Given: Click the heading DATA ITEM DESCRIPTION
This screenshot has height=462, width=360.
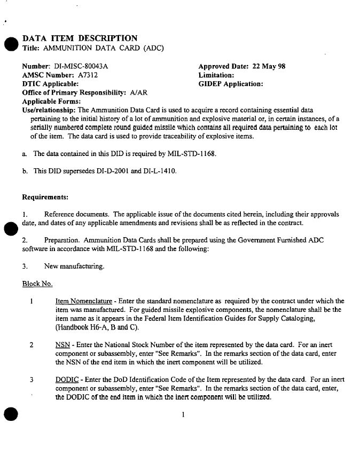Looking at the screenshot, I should tap(80, 38).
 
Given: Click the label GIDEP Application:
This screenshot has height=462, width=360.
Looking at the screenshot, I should tap(230, 84).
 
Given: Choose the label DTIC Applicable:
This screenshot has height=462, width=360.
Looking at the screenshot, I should tap(51, 84).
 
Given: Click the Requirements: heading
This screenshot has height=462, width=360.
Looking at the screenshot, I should tap(45, 197).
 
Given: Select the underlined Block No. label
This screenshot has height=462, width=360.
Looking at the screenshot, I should tap(37, 283).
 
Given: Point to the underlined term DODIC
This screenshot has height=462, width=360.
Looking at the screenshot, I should tap(67, 380).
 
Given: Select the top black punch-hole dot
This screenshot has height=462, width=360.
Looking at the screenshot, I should tap(10, 45).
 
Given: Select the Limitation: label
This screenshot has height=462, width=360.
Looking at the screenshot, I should tap(216, 75).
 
